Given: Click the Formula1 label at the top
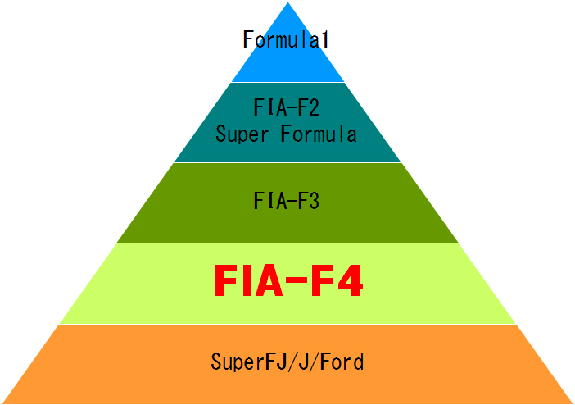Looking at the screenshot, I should coord(286,39).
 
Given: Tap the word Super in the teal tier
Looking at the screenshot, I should coord(242,133).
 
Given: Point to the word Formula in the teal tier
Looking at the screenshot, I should coord(319,133).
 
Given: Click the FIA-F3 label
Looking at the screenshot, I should coord(286,202).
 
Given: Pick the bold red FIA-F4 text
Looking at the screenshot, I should coord(287,281).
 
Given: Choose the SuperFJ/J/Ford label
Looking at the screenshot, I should coord(286,361).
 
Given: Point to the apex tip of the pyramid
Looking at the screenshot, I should coord(287,4).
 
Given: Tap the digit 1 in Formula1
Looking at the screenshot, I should coord(324,39).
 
